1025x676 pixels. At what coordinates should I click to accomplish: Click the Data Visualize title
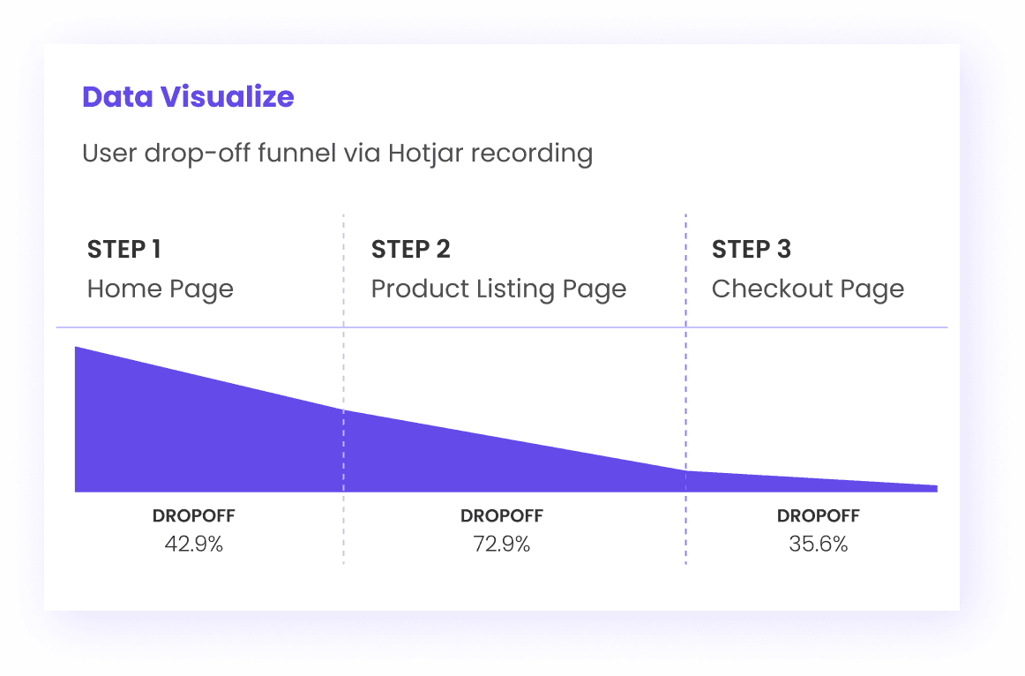point(188,97)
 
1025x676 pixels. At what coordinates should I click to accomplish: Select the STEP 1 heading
point(123,250)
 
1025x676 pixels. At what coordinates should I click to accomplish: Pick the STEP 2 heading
point(410,250)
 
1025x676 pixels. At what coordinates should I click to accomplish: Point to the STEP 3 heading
point(751,250)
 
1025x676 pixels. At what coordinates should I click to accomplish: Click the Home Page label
point(160,289)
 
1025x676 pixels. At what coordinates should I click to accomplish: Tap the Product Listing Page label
point(498,289)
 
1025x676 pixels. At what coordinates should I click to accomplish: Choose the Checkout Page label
point(807,289)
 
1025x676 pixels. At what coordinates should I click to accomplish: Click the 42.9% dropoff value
point(193,545)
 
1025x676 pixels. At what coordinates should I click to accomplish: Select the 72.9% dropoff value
point(501,545)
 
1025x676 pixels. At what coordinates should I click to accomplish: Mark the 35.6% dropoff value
point(818,545)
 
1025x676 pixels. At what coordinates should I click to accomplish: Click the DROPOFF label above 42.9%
point(193,516)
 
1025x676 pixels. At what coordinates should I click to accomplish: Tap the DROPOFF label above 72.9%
point(501,516)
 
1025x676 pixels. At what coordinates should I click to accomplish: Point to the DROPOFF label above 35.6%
point(818,516)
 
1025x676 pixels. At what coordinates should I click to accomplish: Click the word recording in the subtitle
point(531,154)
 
